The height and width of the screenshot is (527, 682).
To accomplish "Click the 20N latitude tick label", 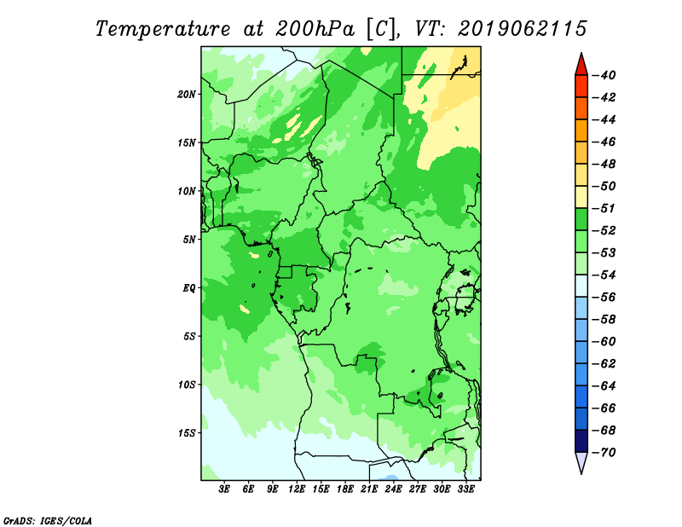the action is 187,94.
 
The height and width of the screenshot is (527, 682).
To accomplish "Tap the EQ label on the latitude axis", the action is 189,287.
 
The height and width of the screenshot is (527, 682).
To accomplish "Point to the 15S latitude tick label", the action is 187,433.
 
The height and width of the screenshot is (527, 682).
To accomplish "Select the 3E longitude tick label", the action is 224,489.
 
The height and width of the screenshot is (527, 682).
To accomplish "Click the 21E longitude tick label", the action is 369,489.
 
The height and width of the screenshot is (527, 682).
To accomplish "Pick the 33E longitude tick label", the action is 465,489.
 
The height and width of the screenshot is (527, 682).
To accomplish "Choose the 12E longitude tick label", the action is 296,489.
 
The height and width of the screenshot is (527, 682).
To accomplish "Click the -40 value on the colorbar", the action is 604,75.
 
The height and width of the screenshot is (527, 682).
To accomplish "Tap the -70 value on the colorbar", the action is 604,453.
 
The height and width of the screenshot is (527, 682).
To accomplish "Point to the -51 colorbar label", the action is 604,208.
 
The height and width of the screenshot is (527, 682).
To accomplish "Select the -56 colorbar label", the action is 604,298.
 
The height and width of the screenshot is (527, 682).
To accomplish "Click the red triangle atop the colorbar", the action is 581,66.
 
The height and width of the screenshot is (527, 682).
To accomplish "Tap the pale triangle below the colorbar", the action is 581,461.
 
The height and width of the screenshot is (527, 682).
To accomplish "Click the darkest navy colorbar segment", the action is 581,441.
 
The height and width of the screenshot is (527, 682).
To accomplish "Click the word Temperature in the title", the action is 163,29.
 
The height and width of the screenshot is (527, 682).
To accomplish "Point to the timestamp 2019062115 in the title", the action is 523,29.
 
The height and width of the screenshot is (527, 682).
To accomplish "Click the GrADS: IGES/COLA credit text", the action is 48,521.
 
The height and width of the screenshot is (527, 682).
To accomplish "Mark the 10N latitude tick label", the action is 187,191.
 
